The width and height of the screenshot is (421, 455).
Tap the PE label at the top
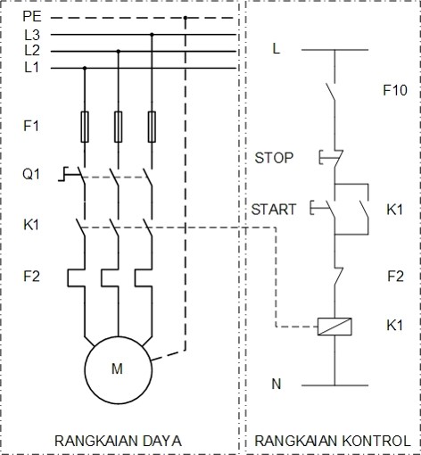(31, 17)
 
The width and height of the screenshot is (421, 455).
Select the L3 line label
(31, 35)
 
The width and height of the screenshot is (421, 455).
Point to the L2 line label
(31, 51)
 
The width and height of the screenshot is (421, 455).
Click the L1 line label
(31, 67)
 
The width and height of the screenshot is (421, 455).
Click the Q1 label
(31, 174)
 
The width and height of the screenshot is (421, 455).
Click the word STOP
(274, 158)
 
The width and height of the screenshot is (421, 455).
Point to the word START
(273, 210)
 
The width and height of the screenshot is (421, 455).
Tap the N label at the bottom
(277, 384)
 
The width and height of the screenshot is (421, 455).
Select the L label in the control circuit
(277, 49)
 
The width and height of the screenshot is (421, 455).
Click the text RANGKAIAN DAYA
(118, 441)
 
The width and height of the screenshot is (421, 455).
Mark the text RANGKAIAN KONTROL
(333, 441)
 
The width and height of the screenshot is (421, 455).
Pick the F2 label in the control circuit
(395, 276)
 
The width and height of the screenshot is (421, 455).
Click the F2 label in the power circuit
(31, 276)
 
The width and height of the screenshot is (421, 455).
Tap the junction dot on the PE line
(185, 17)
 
